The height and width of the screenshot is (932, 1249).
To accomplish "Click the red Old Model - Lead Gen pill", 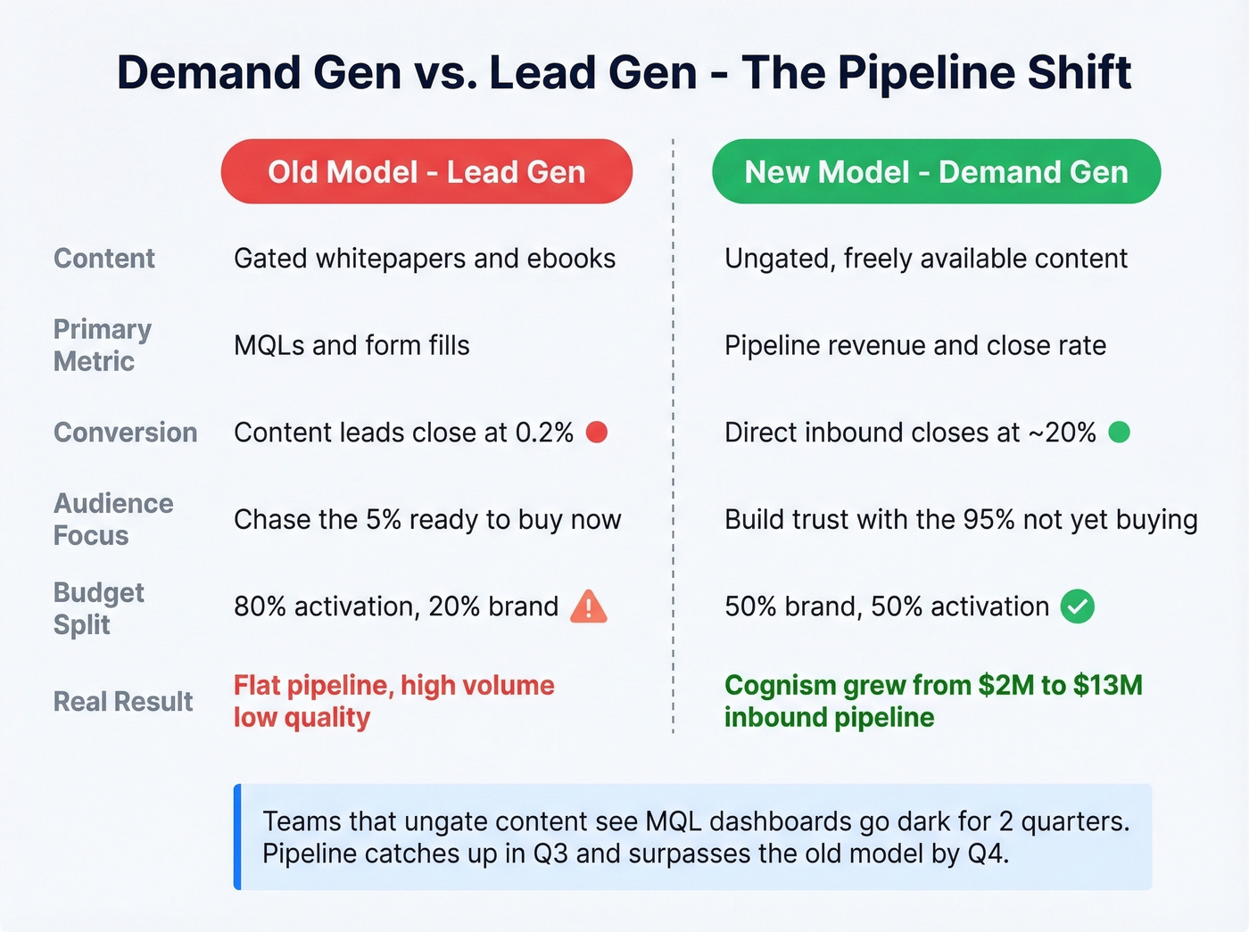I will pos(426,171).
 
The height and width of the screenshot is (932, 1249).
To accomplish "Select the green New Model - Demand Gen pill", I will pos(936,171).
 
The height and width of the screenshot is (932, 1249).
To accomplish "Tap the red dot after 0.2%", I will pos(597,433).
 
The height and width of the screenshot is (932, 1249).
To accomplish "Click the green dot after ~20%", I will pos(1119,433).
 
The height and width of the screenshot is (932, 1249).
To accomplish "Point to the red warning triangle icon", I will pos(589,607).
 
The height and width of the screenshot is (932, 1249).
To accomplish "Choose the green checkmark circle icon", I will pos(1077,607).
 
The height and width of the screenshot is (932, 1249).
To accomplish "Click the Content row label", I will pos(104,259).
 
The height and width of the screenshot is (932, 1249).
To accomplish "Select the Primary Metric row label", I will pos(102,345).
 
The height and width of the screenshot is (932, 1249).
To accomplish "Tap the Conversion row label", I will pos(126,433).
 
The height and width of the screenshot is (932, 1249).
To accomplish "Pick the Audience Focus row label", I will pos(113,519).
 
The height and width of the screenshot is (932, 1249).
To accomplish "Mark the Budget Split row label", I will pos(98,608).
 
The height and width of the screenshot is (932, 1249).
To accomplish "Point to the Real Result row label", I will pos(123,702).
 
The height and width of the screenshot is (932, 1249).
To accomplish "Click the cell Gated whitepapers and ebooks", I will pos(425,259).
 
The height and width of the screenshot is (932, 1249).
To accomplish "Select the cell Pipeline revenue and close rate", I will pos(915,345).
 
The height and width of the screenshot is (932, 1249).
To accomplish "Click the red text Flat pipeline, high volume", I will pos(393,685).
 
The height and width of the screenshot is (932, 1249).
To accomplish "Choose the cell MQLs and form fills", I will pos(352,345).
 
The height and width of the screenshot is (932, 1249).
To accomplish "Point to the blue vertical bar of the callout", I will pos(237,837).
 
